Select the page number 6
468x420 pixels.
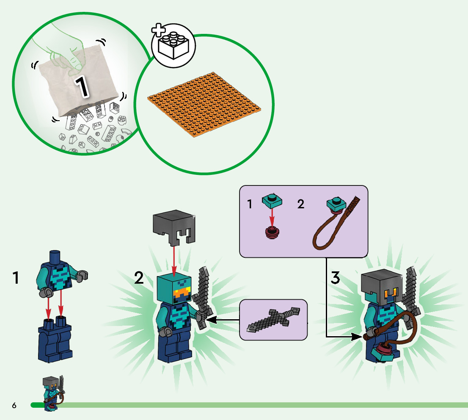(14, 406)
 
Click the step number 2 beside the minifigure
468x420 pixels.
(139, 278)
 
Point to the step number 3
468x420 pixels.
(335, 278)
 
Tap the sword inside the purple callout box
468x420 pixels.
(273, 320)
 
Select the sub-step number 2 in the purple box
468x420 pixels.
(300, 204)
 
